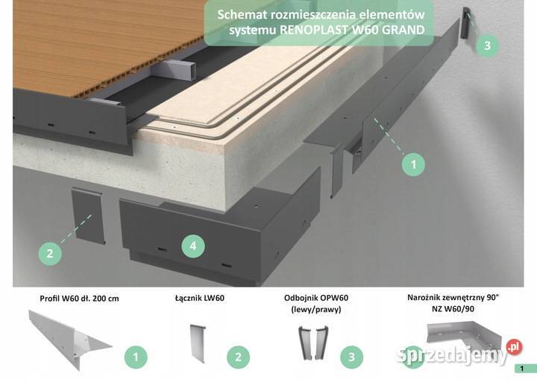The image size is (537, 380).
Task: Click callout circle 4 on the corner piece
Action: click(x=193, y=245)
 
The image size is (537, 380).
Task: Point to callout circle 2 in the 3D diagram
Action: click(x=50, y=253)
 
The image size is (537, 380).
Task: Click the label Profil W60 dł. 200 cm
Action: click(x=79, y=299)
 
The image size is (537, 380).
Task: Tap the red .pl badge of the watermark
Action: click(x=512, y=347)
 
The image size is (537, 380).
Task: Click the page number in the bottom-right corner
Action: click(x=524, y=368)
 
